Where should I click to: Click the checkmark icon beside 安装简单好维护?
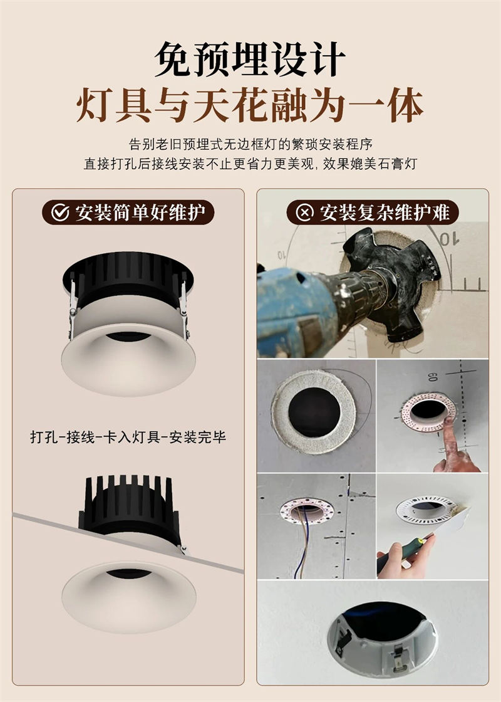tap(60, 212)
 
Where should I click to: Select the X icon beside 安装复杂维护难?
tap(304, 212)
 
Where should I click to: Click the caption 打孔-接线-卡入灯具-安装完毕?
tap(128, 437)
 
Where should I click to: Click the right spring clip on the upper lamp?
tap(183, 301)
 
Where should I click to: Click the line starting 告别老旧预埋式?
tap(250, 144)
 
